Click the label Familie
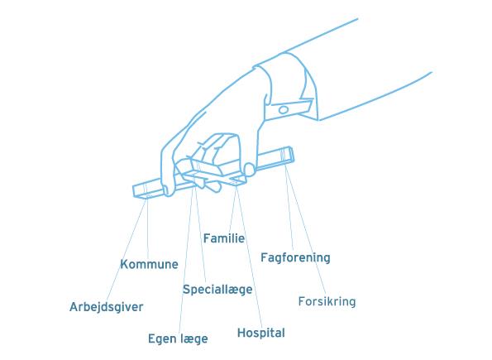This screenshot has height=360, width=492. [224, 238]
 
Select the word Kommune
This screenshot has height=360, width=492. [150, 264]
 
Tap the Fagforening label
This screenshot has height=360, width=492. [295, 257]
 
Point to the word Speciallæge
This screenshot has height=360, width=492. [217, 290]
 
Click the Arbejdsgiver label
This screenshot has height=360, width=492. [107, 307]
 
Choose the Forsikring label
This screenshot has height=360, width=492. [327, 301]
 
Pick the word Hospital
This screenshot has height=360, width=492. [261, 333]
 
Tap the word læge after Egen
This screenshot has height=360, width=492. [194, 339]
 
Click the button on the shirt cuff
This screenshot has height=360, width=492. [284, 110]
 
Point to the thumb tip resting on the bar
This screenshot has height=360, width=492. [250, 169]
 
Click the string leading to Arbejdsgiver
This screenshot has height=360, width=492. [127, 249]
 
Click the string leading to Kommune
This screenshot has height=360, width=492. [148, 228]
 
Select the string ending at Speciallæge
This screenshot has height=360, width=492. [201, 233]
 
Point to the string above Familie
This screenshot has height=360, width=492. [232, 209]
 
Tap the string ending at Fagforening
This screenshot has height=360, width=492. [289, 208]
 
